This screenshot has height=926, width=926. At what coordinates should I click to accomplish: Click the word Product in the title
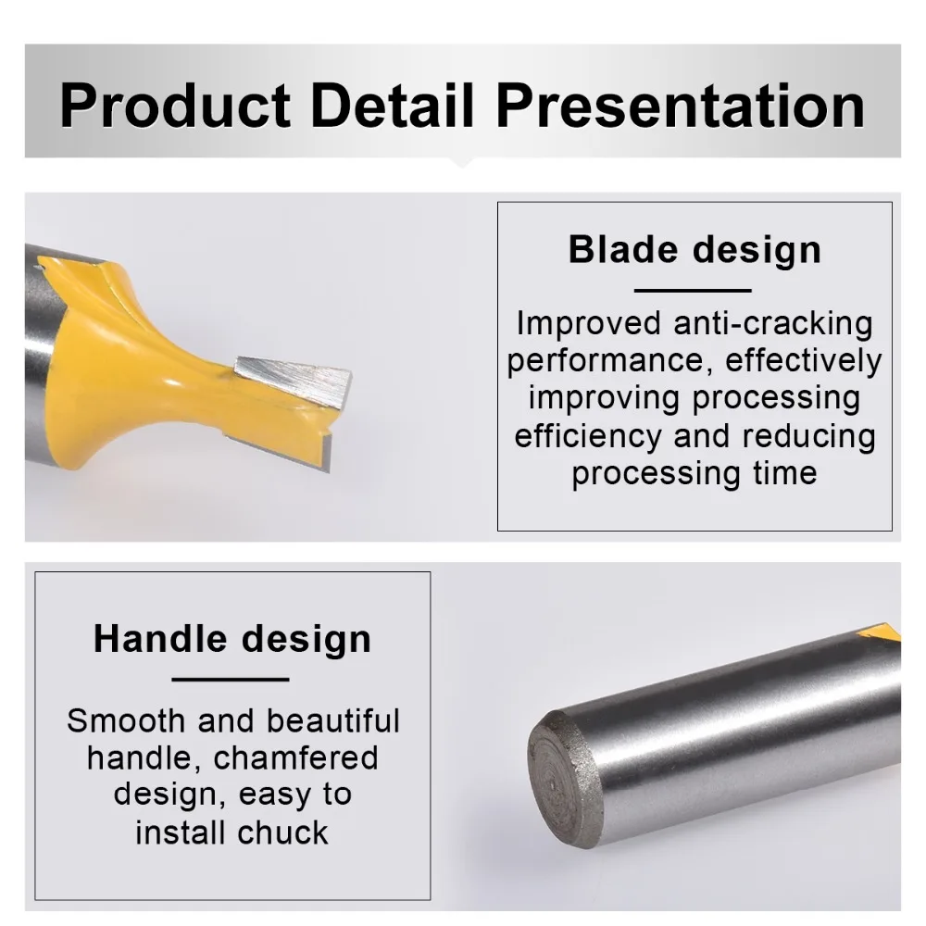pos(175,106)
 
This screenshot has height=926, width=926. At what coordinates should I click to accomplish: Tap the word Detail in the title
pos(392,106)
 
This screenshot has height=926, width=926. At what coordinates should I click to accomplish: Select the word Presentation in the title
pos(681,106)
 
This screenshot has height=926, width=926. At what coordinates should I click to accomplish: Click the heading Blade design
pos(694,249)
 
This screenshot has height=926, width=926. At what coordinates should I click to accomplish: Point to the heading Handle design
pos(232,638)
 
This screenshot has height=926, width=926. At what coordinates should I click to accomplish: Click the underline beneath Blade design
pos(693,291)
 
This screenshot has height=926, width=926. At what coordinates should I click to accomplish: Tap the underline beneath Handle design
pos(231,680)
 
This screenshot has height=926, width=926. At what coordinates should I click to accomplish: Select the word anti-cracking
pos(773,323)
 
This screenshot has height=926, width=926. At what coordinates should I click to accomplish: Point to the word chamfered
pos(295,757)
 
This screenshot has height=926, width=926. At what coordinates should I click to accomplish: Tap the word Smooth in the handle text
pos(126,720)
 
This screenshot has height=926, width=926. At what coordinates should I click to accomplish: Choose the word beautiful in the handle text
pos(333,720)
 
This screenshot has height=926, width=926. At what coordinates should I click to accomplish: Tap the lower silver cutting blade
pos(279,453)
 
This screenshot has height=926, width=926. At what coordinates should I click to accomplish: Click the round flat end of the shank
pos(563,780)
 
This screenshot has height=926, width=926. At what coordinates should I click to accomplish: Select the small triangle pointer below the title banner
pos(462,162)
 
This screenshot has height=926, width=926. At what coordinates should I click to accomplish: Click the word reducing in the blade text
pos(809,437)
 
